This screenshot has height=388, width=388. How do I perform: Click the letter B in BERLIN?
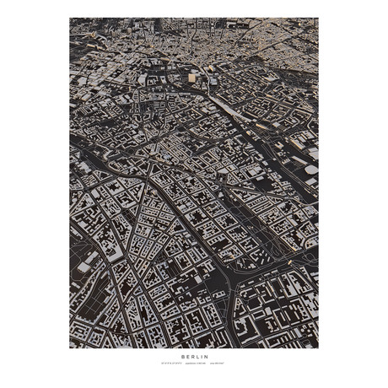pos(181,357)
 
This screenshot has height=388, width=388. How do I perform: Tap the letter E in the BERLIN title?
pos(186,357)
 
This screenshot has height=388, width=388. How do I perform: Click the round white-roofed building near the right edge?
pos(311,170)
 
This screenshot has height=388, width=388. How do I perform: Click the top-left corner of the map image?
pos(70,18)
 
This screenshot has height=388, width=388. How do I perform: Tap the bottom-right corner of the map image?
pos(318,348)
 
